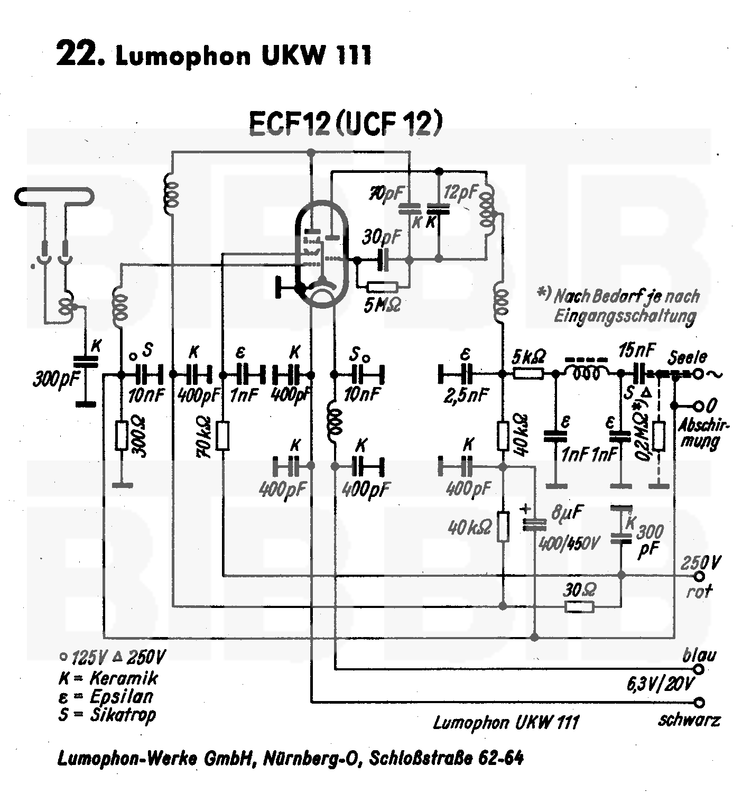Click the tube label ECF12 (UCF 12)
(345, 124)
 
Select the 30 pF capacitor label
(382, 237)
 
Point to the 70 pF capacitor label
(386, 194)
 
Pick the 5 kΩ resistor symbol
(528, 374)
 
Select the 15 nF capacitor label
(636, 350)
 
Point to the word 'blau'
(699, 656)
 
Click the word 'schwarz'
(689, 720)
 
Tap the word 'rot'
(699, 591)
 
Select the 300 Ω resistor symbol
(122, 436)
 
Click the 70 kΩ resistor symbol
(223, 435)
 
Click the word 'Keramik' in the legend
(124, 678)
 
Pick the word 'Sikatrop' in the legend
(123, 715)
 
